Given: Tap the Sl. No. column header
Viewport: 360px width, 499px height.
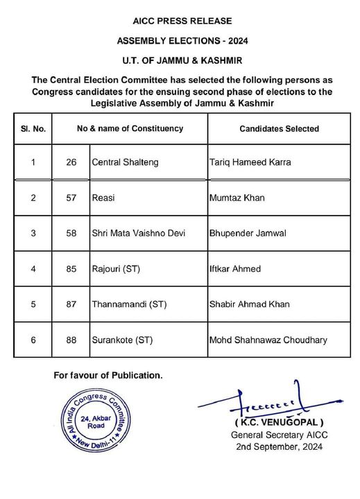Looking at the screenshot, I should click(x=33, y=129).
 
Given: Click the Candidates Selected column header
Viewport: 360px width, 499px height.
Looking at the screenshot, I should click(x=279, y=129).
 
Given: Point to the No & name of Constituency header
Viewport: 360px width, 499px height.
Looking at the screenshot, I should click(x=130, y=128).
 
